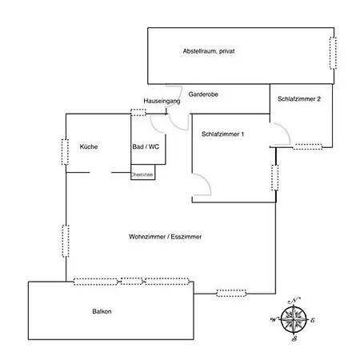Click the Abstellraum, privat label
coord(209,51)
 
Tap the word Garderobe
coord(203,94)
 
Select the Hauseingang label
coord(162,101)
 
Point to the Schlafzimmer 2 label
coord(299,99)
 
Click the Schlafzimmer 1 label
coord(222,134)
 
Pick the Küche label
coord(89,146)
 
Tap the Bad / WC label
coord(146,146)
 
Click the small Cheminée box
coord(143,172)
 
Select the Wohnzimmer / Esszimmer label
coord(165,237)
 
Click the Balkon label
coord(102,311)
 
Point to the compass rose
coord(294,319)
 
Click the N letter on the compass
coord(294,300)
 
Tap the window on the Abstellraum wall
coord(333,54)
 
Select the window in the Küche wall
coord(65,152)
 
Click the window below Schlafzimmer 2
coord(308,146)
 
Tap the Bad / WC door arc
coord(154,128)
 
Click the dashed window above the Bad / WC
coord(138,112)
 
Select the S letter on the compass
coord(294,339)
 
